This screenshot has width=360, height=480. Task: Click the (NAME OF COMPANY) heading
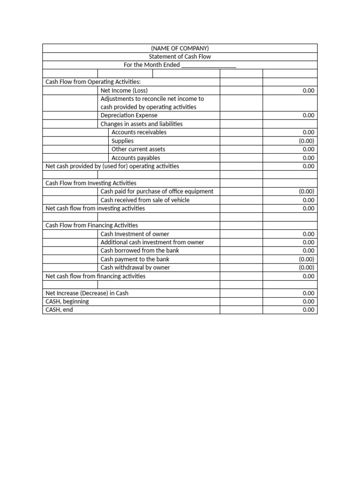[x=180, y=48]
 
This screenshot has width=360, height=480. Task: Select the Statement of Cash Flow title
[x=180, y=57]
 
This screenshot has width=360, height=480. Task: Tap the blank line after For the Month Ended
[x=208, y=65]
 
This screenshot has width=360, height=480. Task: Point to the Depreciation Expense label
[x=129, y=115]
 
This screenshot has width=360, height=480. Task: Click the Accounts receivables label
[x=139, y=132]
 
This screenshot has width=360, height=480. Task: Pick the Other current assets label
[x=138, y=149]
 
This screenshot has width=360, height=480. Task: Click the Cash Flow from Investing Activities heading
[x=91, y=183]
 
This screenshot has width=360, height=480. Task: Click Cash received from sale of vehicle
[x=145, y=200]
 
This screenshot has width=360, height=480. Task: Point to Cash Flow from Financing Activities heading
[x=91, y=225]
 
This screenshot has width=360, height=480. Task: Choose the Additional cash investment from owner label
[x=152, y=242]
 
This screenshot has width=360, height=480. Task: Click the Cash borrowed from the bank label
[x=140, y=250]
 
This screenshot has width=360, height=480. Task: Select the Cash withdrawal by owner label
[x=135, y=267]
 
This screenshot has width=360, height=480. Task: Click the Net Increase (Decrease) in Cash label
[x=87, y=293]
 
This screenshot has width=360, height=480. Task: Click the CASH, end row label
[x=59, y=310]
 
